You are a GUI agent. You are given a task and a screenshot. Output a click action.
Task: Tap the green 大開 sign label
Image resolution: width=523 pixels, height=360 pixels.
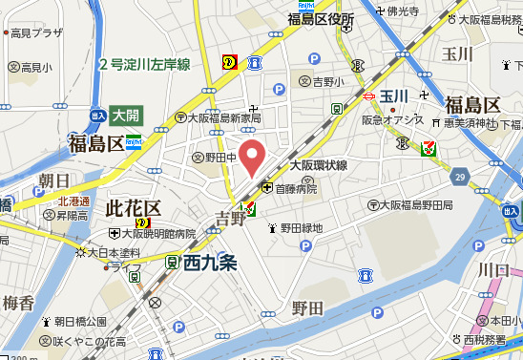(x=125, y=116)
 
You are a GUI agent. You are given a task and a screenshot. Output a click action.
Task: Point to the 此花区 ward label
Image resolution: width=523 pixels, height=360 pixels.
(x=133, y=208)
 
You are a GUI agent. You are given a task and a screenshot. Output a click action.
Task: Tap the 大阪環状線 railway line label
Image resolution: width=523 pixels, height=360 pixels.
(x=318, y=164)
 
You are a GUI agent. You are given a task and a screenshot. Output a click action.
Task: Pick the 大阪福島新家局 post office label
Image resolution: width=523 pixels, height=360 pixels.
(x=224, y=117)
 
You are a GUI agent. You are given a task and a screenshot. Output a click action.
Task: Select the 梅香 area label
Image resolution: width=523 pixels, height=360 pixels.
(x=18, y=304)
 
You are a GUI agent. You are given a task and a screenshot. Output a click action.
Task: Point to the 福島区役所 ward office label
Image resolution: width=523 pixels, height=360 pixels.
(x=321, y=19)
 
